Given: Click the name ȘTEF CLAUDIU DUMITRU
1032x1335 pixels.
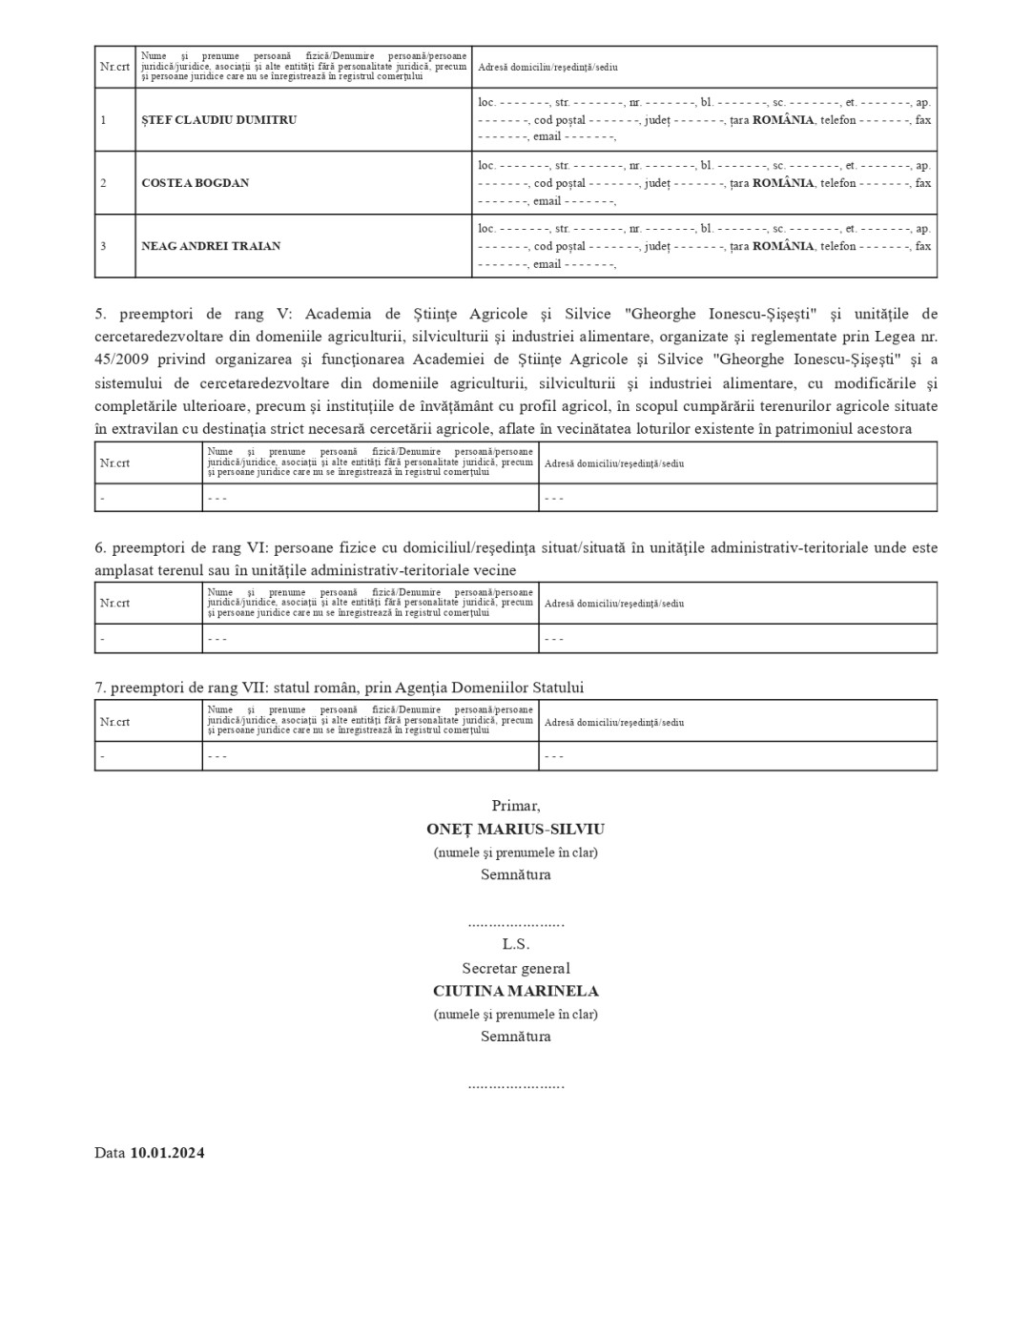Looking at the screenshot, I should [218, 120].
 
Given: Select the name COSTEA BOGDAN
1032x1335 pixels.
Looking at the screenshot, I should [195, 183].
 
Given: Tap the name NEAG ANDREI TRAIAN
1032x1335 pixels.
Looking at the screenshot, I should [211, 246].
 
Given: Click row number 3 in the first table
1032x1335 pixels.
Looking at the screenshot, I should [103, 246].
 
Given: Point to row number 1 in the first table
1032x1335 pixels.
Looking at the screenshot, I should [103, 120].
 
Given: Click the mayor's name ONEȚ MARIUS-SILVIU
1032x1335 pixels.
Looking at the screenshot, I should [515, 830].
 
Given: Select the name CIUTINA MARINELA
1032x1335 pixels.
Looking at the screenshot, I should [515, 991].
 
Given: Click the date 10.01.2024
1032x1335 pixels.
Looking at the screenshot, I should [167, 1153].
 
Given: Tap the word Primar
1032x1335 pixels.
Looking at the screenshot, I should [515, 807].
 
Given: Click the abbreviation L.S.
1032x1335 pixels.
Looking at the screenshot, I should [515, 944].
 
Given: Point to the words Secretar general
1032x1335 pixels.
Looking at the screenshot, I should [515, 968].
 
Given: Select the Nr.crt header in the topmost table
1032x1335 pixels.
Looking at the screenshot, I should [114, 68].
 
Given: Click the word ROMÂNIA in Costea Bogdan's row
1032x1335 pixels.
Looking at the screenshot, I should [783, 183].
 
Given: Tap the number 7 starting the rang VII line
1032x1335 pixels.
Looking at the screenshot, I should [98, 688].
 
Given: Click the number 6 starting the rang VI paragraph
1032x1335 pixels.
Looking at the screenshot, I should [98, 548].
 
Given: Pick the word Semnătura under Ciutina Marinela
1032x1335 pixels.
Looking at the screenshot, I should [515, 1037].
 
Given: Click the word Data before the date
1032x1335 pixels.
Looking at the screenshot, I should [110, 1153].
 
